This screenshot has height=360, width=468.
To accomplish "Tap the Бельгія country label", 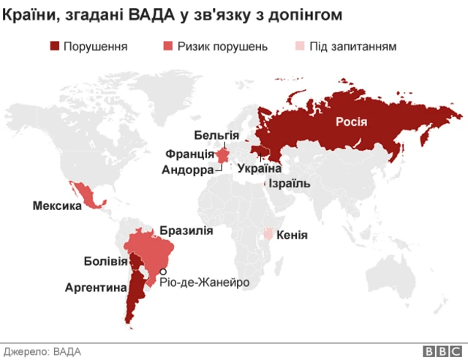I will (216, 135).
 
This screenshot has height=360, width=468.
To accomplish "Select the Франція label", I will (189, 154).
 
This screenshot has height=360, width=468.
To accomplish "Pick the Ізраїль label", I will (290, 184).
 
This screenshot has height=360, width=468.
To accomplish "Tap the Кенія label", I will (292, 236).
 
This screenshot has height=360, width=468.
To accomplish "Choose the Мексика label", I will (56, 206).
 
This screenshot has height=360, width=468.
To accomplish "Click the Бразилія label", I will (186, 230).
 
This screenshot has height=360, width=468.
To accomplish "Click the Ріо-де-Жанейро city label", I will (200, 282).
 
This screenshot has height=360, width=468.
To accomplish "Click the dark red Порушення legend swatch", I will (54, 46).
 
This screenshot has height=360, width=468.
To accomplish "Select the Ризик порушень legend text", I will (227, 46).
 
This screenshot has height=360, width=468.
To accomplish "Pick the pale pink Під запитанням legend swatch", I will (300, 46).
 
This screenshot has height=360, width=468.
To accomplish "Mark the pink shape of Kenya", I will (269, 234).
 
